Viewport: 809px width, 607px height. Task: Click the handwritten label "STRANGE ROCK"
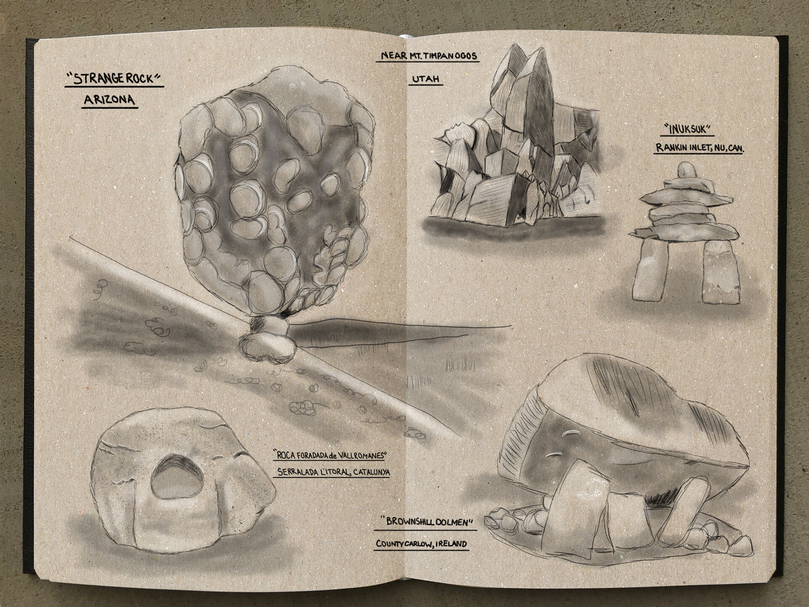(x=114, y=79)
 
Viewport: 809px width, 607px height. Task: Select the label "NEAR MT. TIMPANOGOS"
(x=427, y=56)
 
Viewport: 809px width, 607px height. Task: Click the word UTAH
(x=426, y=78)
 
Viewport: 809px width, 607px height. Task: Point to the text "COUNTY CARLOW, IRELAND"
(x=421, y=544)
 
